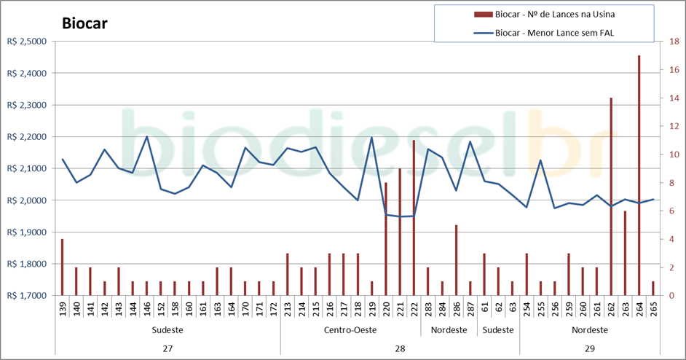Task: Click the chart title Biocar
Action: [x=84, y=23]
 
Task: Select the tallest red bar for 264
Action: [x=639, y=175]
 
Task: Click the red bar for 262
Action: [x=611, y=197]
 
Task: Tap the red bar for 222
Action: [x=414, y=218]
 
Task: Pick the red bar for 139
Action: [x=63, y=267]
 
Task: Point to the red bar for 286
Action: [x=456, y=260]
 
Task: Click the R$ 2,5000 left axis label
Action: [x=25, y=42]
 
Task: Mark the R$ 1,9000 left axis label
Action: [x=25, y=232]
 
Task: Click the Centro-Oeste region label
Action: [x=350, y=329]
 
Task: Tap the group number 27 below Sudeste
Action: [x=167, y=349]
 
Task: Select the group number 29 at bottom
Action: [x=589, y=349]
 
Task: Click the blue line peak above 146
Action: [x=146, y=136]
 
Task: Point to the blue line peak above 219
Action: [x=371, y=137]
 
